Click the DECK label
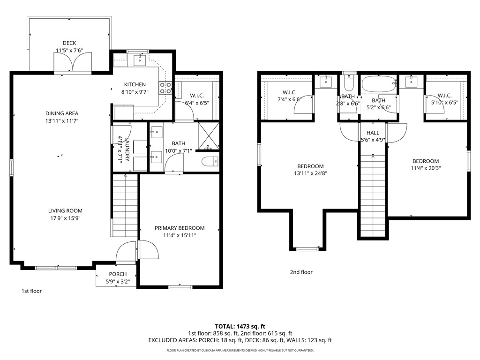coord(69,43)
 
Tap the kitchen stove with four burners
coord(165,88)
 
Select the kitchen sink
coord(140,60)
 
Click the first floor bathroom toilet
coord(210,161)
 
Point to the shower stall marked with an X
coord(209,136)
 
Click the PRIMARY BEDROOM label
coord(180,228)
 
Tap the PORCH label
coord(118,274)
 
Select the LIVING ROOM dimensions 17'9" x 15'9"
coord(65,218)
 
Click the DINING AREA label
coord(62,113)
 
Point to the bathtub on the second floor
coord(379,83)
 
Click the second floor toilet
coord(349,82)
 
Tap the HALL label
coord(373,133)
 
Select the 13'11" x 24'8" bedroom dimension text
coord(310,173)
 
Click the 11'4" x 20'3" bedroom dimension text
coord(426,168)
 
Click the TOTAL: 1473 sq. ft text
coord(240,326)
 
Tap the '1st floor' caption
coord(31,291)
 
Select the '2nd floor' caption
coord(301,272)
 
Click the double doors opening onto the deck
coord(73,62)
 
